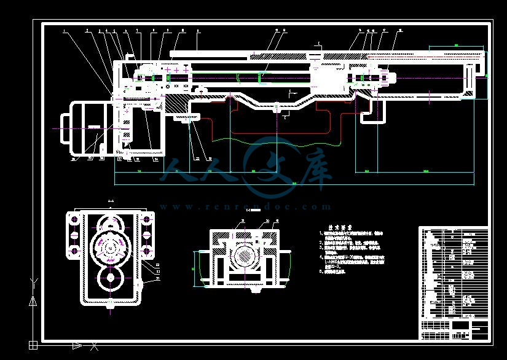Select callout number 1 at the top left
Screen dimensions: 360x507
63,29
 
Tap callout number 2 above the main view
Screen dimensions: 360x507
87,29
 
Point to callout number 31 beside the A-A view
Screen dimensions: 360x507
157,278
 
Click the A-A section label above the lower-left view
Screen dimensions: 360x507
111,201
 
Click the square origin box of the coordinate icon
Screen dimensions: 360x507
33,344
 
